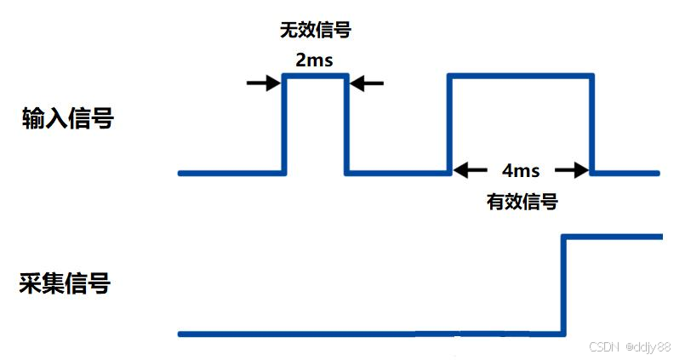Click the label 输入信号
pyautogui.click(x=67, y=119)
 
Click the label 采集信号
pyautogui.click(x=65, y=283)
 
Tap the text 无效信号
pyautogui.click(x=315, y=31)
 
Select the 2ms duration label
pyautogui.click(x=315, y=60)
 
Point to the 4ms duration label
pyautogui.click(x=520, y=170)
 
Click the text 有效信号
pyautogui.click(x=522, y=203)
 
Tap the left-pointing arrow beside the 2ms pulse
pyautogui.click(x=367, y=83)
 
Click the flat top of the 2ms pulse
pyautogui.click(x=315, y=76)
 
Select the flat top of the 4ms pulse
pyautogui.click(x=520, y=76)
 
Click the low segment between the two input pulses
pyautogui.click(x=397, y=173)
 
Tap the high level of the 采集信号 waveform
pyautogui.click(x=613, y=235)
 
